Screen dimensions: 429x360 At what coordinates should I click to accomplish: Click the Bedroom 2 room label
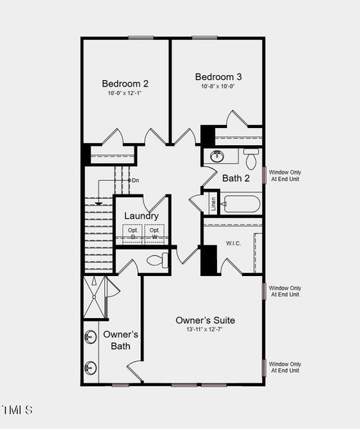(125, 83)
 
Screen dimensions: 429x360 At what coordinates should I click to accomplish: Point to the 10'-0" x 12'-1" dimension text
(125, 94)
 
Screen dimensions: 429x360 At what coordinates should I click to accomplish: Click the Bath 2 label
(236, 178)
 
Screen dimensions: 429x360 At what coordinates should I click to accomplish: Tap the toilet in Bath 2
(251, 158)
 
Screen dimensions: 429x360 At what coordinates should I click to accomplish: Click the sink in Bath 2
(216, 156)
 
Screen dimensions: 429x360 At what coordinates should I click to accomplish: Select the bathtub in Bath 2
(240, 205)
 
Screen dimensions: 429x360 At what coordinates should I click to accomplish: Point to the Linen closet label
(212, 203)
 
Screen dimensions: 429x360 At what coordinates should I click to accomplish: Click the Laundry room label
(141, 216)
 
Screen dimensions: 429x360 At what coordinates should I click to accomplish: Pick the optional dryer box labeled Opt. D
(132, 234)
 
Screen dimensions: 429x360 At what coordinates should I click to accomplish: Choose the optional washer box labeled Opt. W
(154, 234)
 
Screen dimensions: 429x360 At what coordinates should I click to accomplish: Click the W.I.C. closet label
(234, 243)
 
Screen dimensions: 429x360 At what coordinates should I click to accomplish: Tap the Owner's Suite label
(205, 320)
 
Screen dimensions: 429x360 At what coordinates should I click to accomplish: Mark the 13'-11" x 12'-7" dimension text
(205, 330)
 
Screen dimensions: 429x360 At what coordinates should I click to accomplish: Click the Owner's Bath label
(121, 340)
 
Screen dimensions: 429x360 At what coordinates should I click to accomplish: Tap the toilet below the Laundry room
(158, 260)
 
